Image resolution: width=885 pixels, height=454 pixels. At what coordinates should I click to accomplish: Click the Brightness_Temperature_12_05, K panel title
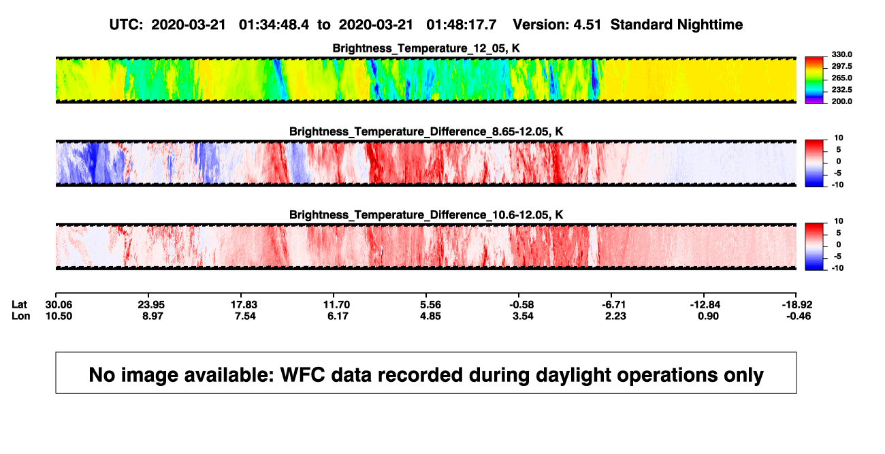pyautogui.click(x=426, y=48)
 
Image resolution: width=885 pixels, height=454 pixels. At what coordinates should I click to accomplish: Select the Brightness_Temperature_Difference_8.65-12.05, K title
pyautogui.click(x=426, y=131)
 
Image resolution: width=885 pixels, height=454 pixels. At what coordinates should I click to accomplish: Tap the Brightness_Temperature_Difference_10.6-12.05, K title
pyautogui.click(x=426, y=215)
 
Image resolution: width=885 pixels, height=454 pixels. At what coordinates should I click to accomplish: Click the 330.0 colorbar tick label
pyautogui.click(x=841, y=54)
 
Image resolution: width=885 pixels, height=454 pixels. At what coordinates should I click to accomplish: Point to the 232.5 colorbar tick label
pyautogui.click(x=841, y=90)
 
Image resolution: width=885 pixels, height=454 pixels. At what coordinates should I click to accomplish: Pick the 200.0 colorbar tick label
pyautogui.click(x=841, y=101)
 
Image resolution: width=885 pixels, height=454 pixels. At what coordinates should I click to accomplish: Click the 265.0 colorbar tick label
pyautogui.click(x=841, y=78)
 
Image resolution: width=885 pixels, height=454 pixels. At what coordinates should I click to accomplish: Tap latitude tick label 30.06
pyautogui.click(x=59, y=305)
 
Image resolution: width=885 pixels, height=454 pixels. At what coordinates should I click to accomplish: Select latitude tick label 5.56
pyautogui.click(x=430, y=305)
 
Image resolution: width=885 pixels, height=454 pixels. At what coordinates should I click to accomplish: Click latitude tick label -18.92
pyautogui.click(x=797, y=305)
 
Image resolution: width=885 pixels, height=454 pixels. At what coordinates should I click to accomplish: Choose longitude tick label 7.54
pyautogui.click(x=245, y=316)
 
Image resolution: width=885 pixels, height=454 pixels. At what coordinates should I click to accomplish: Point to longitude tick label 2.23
pyautogui.click(x=615, y=316)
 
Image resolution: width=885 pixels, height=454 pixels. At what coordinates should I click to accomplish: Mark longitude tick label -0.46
pyautogui.click(x=798, y=316)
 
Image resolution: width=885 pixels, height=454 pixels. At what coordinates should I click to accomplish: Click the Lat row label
pyautogui.click(x=19, y=305)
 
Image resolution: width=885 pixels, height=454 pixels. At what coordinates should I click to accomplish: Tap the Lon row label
pyautogui.click(x=21, y=316)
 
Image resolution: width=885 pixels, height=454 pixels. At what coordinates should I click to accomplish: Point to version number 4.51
pyautogui.click(x=587, y=25)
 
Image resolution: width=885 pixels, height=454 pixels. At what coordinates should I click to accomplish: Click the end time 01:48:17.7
pyautogui.click(x=461, y=25)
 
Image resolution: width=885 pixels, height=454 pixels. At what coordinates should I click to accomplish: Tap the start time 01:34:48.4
pyautogui.click(x=274, y=25)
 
